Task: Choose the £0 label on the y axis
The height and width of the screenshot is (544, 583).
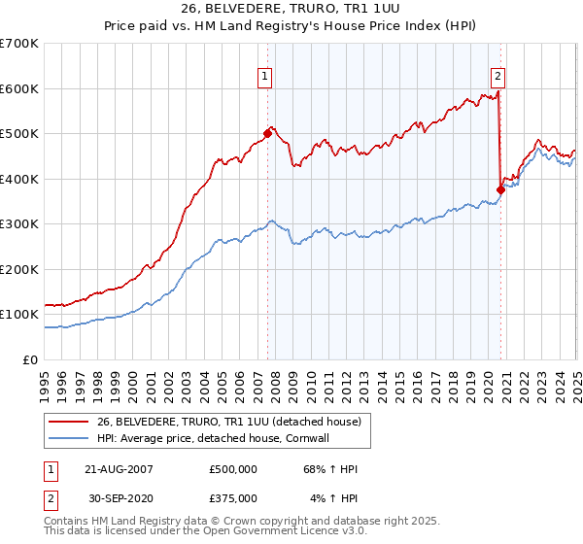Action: pyautogui.click(x=29, y=359)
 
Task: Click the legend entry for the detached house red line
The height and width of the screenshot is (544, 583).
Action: pyautogui.click(x=229, y=422)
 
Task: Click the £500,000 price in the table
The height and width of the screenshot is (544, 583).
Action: pyautogui.click(x=233, y=469)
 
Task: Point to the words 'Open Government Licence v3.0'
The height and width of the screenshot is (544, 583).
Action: pyautogui.click(x=291, y=533)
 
